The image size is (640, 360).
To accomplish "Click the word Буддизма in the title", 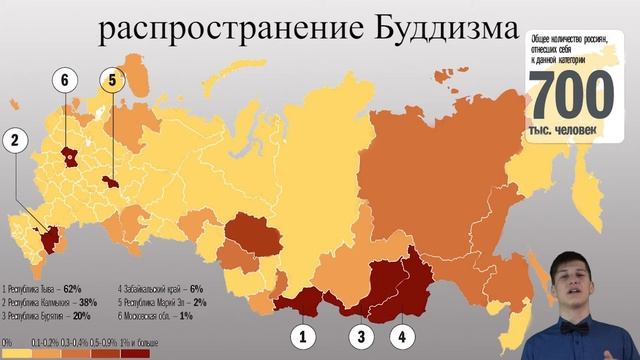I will tap(433, 32).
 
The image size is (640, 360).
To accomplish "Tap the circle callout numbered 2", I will tap(14, 141).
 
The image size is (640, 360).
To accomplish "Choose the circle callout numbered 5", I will tap(112, 80).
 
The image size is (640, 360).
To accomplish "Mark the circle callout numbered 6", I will tap(65, 80).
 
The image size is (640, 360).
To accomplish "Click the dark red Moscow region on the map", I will tap(69, 156).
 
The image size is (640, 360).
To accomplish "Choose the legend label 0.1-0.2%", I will tap(44, 343).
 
